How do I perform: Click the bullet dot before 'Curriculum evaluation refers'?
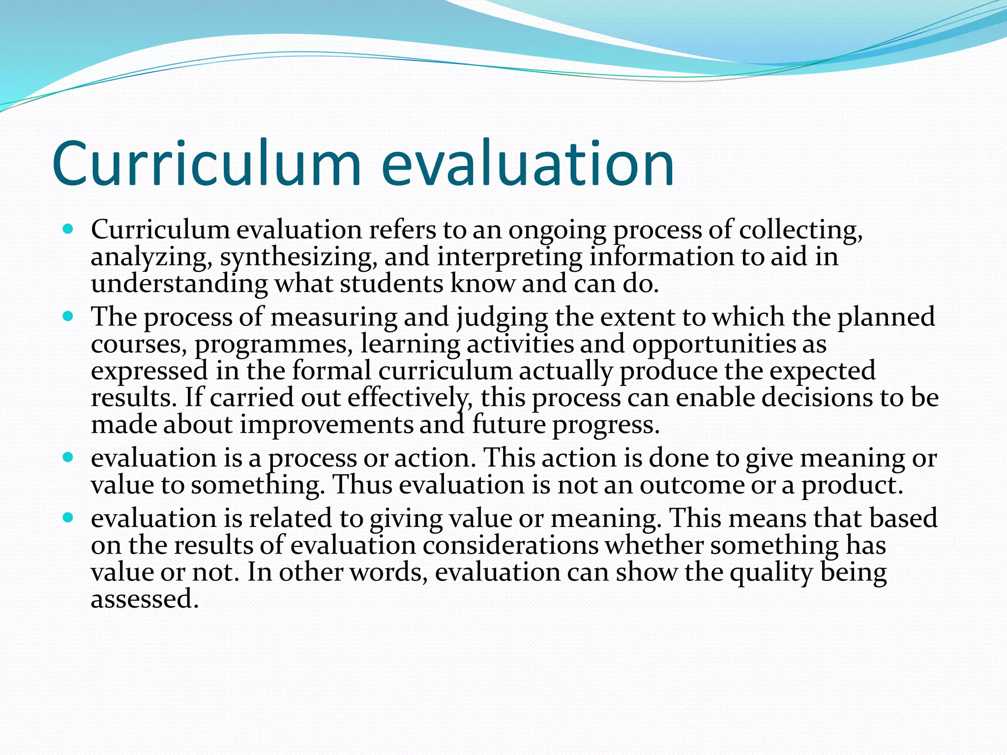click(x=68, y=229)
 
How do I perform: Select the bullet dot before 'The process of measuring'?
click(x=68, y=316)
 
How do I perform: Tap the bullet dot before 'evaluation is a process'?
click(x=68, y=457)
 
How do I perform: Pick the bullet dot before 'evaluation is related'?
click(x=68, y=517)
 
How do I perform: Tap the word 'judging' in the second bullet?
click(x=502, y=318)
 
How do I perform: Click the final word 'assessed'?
click(x=144, y=599)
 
